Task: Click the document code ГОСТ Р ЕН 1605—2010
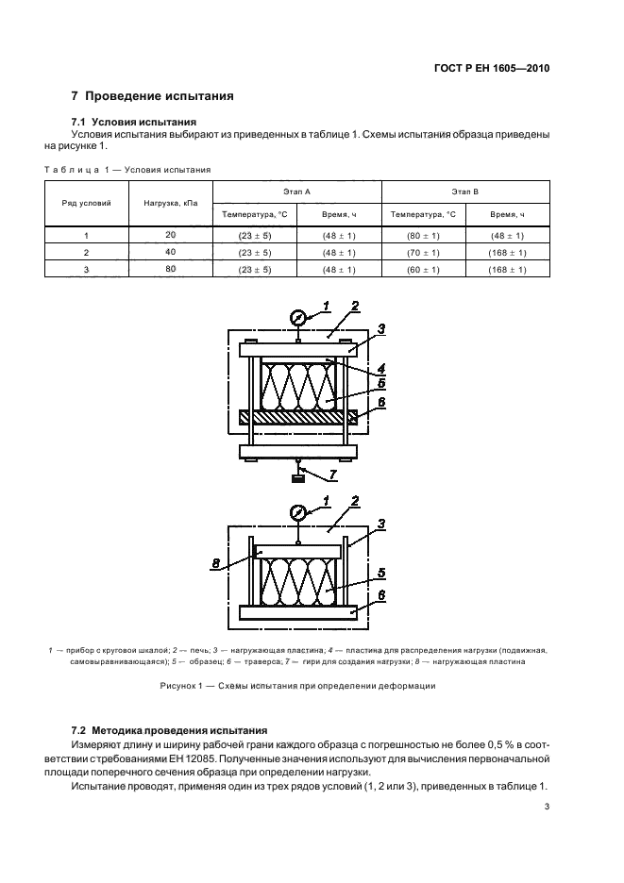[x=499, y=69]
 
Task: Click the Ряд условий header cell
[x=88, y=203]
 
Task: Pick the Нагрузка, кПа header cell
[x=170, y=203]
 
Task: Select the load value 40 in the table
[x=170, y=252]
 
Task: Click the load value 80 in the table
[x=170, y=270]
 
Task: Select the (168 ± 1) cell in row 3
[x=507, y=270]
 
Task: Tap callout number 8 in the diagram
[x=216, y=565]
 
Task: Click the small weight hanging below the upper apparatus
[x=298, y=479]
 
